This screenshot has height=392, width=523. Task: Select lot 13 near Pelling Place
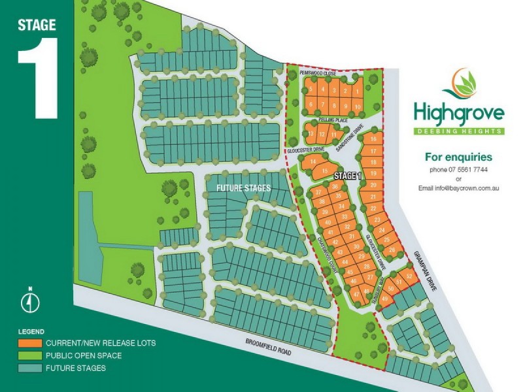click(x=312, y=134)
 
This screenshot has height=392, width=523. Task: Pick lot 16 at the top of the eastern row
click(x=373, y=139)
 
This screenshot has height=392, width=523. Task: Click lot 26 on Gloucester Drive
click(x=392, y=250)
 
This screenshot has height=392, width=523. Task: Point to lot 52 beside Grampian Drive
click(x=409, y=276)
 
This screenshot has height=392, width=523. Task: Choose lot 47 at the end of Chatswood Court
click(x=357, y=295)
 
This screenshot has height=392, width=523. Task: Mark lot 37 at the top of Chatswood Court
click(x=318, y=193)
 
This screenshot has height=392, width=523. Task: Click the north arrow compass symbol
click(x=29, y=302)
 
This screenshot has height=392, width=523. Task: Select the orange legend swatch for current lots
click(x=29, y=342)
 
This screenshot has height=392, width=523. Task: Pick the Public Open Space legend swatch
click(x=29, y=355)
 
